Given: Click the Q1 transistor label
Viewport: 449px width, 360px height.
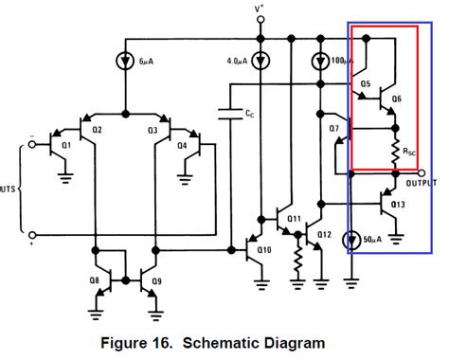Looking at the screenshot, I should point(65,146).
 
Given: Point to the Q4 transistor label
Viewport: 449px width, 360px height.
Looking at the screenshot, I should point(182,146).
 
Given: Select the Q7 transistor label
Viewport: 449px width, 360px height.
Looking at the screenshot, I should point(333,128).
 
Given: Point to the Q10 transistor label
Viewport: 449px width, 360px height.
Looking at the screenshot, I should point(263,250).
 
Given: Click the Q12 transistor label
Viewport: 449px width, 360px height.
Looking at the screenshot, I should point(325,234).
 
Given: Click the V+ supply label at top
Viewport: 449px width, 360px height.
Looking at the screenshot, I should point(259,9).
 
